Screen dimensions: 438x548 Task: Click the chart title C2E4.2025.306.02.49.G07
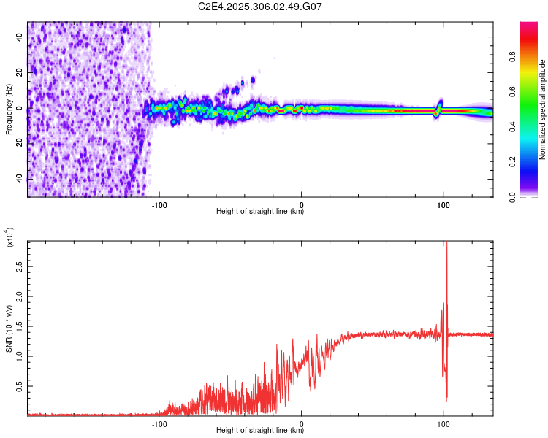pos(261,7)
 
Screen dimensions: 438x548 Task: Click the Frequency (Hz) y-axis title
pos(9,109)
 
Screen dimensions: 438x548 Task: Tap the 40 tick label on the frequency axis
pos(20,37)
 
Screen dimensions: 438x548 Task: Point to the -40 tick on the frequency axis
pos(20,179)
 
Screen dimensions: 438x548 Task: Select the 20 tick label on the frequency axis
pos(20,73)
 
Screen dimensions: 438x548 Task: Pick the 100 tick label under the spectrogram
pos(443,204)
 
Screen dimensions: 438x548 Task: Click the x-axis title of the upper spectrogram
pos(260,212)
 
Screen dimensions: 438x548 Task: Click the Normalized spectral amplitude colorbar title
pos(542,109)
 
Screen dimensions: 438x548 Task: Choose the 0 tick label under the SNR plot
pos(302,423)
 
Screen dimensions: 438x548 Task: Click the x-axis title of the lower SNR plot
pos(260,431)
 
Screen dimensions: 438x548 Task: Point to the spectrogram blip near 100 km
pos(440,107)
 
